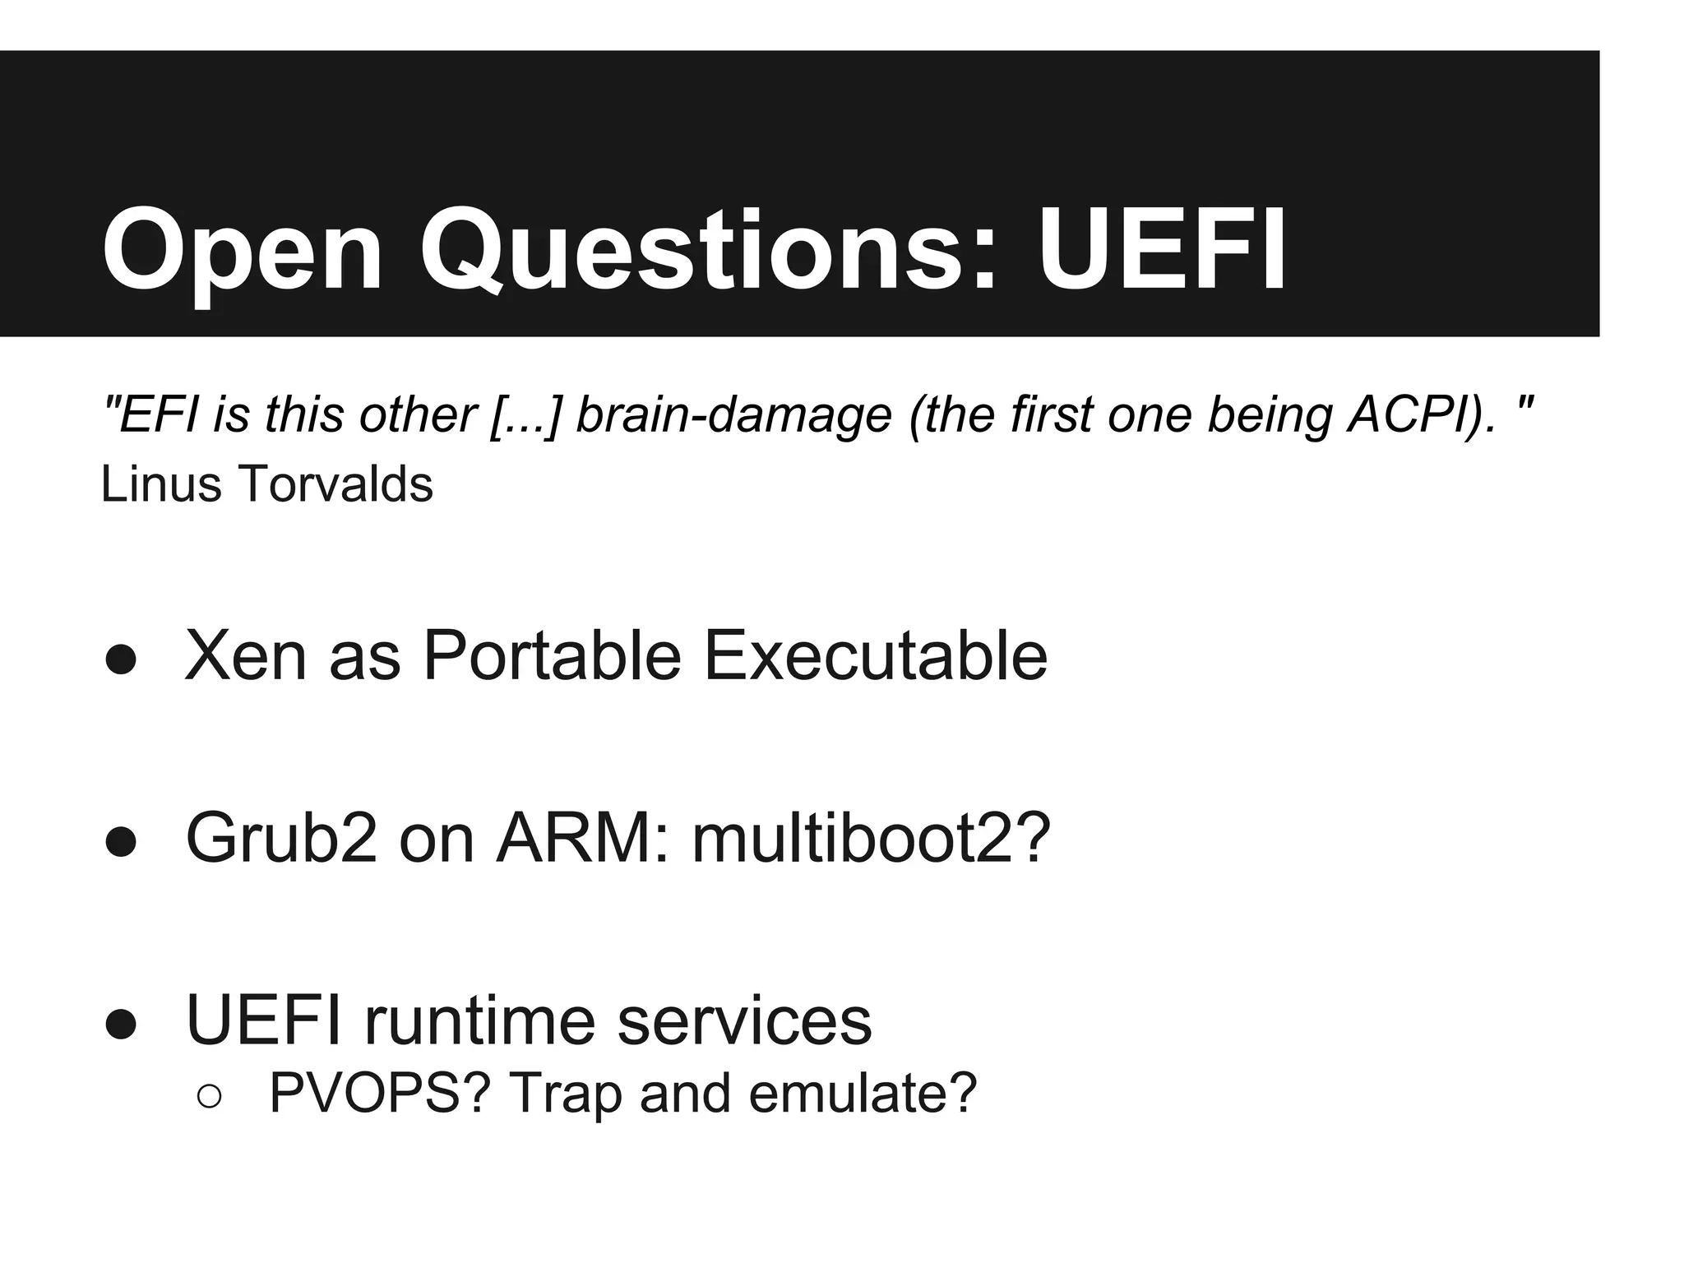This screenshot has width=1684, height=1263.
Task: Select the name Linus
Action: click(161, 483)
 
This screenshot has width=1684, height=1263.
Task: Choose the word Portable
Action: click(552, 656)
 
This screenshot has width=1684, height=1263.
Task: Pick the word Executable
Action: click(876, 656)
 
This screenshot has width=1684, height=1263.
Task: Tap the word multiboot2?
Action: click(871, 839)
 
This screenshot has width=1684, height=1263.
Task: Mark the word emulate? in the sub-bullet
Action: click(863, 1094)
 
